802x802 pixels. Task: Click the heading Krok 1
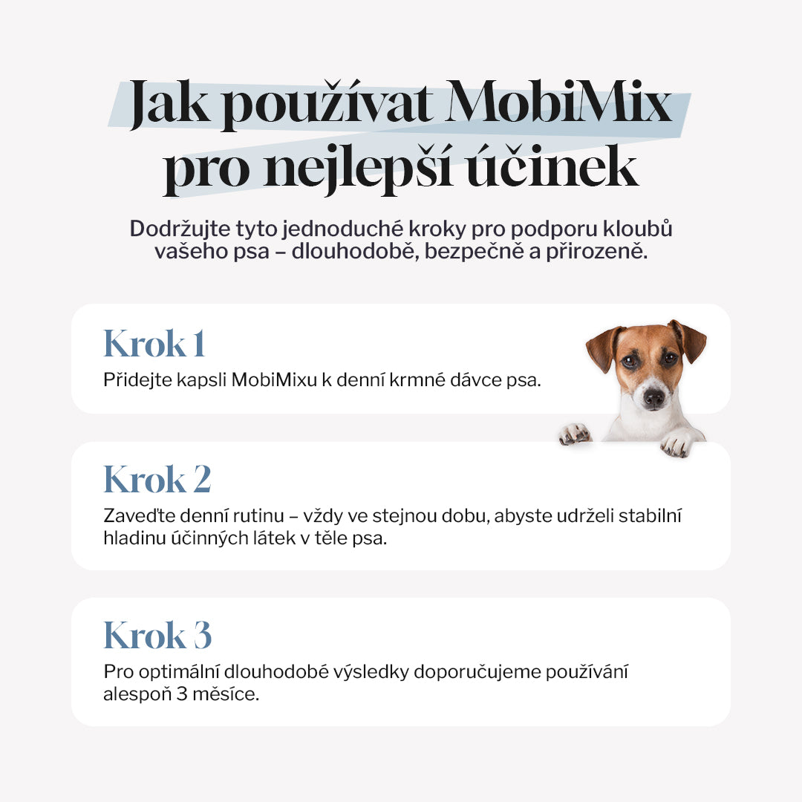click(x=154, y=344)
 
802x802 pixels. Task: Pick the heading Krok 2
click(x=157, y=479)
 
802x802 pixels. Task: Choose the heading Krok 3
click(x=157, y=636)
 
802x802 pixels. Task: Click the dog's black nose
click(x=653, y=397)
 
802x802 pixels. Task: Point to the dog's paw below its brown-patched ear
click(x=574, y=434)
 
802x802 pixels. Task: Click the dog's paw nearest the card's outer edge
click(x=677, y=443)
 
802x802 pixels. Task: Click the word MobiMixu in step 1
click(x=270, y=379)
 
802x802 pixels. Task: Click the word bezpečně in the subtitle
click(x=531, y=251)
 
